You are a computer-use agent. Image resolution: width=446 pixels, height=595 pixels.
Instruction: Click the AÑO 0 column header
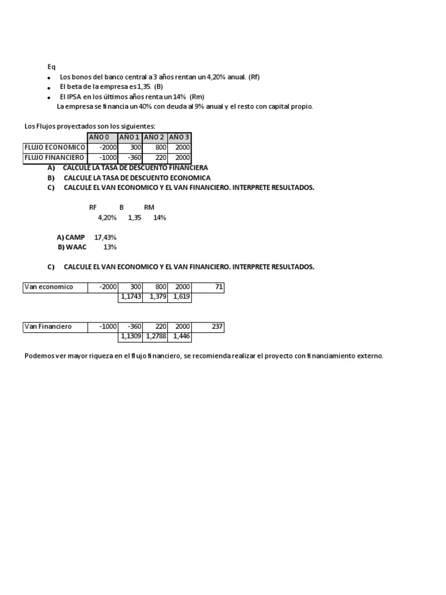[102, 137]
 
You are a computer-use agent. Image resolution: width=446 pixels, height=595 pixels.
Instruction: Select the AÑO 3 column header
[179, 137]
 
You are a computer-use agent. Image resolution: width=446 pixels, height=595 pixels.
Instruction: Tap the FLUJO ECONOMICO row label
[55, 148]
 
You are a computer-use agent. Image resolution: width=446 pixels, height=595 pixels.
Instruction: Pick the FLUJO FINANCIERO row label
[55, 157]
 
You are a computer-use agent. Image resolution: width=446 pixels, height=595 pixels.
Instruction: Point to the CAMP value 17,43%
[106, 237]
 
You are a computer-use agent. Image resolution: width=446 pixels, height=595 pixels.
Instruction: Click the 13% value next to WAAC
[110, 247]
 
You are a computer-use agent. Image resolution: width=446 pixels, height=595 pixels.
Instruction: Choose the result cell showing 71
[208, 287]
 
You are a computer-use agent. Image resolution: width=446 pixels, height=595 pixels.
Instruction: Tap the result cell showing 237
[208, 327]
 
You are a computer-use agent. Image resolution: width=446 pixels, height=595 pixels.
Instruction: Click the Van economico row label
[48, 287]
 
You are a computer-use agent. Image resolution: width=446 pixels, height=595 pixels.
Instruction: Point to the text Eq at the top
[51, 67]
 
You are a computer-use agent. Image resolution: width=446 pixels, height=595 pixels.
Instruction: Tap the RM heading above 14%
[149, 207]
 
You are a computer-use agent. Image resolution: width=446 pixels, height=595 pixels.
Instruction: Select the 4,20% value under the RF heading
[107, 217]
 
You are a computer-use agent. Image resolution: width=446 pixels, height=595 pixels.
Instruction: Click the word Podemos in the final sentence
[38, 356]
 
